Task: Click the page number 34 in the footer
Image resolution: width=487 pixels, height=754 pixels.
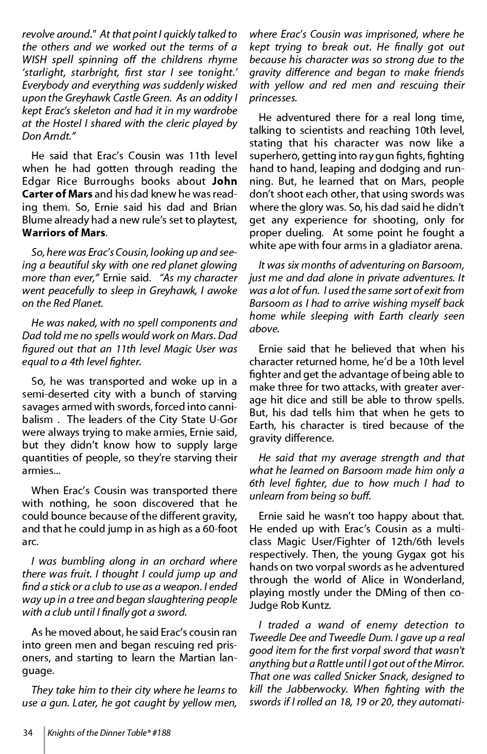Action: tap(27, 733)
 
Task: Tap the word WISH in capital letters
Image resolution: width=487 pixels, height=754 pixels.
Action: tap(35, 60)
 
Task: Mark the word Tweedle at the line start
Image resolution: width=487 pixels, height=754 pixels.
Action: tap(265, 638)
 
